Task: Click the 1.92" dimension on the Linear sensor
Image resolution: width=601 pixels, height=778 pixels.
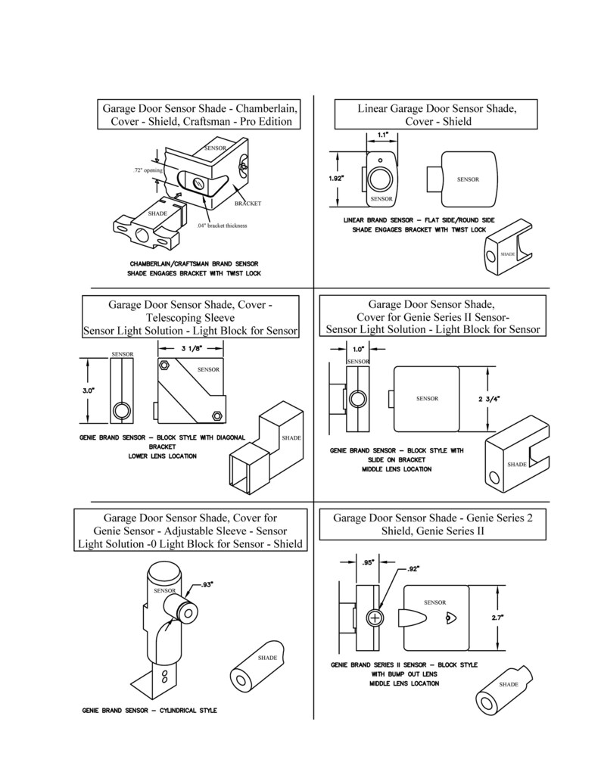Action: click(x=336, y=179)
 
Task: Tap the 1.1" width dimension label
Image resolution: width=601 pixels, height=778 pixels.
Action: click(x=382, y=135)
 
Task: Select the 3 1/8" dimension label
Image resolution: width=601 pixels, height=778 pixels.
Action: click(x=190, y=348)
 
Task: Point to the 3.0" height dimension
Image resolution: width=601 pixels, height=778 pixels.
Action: click(x=89, y=391)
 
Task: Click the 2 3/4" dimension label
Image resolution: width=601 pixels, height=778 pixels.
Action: click(x=489, y=399)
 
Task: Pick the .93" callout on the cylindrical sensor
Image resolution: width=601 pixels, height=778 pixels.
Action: click(x=207, y=585)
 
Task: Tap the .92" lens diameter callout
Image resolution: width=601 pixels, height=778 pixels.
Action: click(x=413, y=569)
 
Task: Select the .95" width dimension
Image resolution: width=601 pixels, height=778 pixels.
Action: click(x=368, y=562)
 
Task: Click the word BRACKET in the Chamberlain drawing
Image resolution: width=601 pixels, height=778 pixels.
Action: click(x=248, y=204)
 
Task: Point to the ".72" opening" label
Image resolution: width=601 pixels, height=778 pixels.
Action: click(x=148, y=170)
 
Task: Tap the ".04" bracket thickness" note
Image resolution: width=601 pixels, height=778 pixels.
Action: click(x=221, y=226)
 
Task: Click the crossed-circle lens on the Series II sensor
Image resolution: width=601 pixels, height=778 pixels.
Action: click(x=375, y=618)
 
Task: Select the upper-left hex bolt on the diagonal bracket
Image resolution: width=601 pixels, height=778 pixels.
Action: click(x=163, y=366)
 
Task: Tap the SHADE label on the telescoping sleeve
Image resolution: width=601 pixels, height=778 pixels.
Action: click(x=291, y=438)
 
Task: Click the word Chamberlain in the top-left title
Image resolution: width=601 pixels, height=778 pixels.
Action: click(x=266, y=109)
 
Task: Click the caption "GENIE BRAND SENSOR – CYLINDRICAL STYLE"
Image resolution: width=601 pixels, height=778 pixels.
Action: click(x=149, y=711)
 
